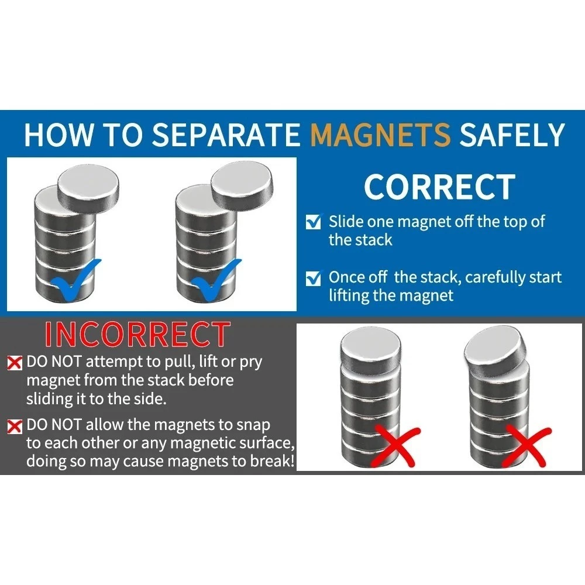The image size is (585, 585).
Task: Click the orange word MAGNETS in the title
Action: pos(381,135)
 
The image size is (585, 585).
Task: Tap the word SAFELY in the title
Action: pos(512,135)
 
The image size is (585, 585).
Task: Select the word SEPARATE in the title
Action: pos(226,135)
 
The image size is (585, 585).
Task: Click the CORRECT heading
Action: pos(439,187)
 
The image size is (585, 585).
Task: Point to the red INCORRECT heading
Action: pos(137,334)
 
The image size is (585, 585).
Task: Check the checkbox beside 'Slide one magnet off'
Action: pos(313,221)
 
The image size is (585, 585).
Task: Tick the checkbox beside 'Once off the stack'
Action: pos(313,278)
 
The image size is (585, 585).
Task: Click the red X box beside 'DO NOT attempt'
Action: pos(15,363)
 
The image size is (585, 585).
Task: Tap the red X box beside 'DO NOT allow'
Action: pos(15,426)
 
